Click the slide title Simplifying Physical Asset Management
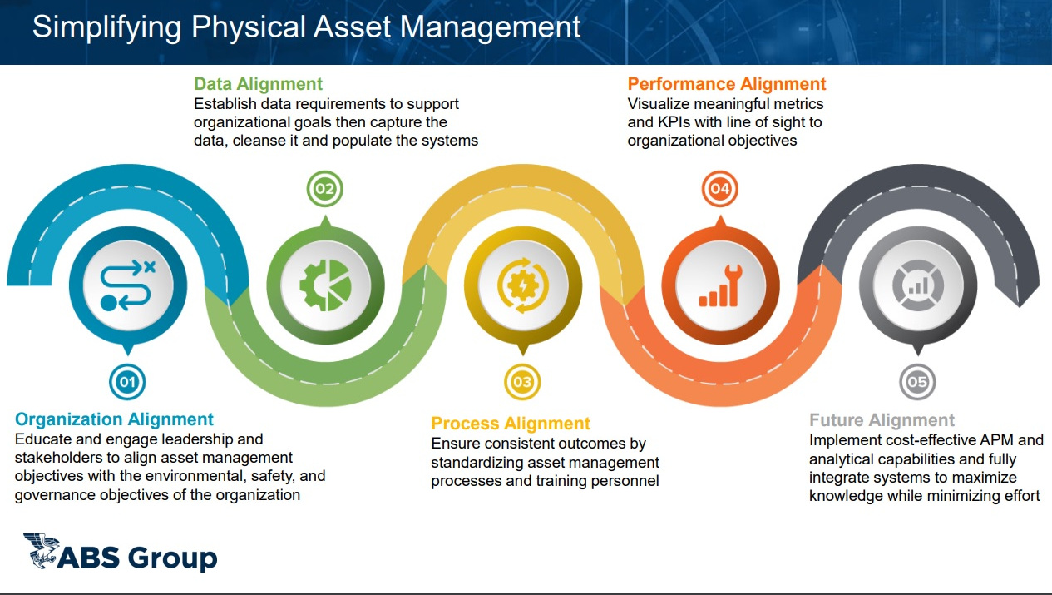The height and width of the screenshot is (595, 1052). point(306,27)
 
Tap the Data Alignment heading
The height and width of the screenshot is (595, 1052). point(258,84)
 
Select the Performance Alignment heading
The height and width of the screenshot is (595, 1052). point(727,84)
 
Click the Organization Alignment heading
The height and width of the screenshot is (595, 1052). point(115,419)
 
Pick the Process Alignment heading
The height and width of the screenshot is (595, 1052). point(511,424)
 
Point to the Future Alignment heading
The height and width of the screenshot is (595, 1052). point(882,420)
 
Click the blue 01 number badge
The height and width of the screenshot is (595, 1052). point(127,382)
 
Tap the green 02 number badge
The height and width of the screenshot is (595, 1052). point(324,190)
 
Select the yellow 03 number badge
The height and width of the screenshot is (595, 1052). point(522,382)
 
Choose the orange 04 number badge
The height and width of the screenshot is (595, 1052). point(719,190)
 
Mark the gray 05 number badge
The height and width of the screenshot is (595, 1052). point(917,382)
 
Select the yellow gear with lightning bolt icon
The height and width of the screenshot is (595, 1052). point(522,285)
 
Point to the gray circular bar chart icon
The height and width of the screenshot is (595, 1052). point(917,285)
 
